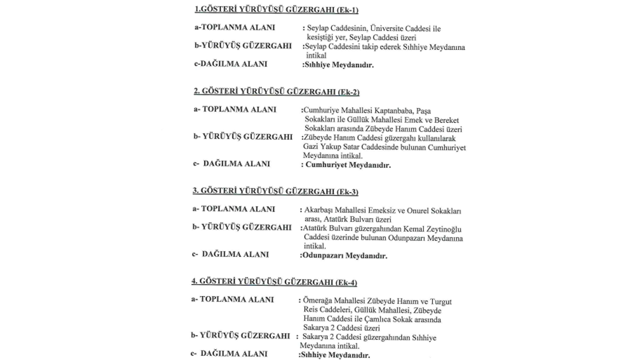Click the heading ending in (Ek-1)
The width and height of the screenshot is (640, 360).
pyautogui.click(x=276, y=9)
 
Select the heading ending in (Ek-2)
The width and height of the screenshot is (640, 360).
pyautogui.click(x=276, y=91)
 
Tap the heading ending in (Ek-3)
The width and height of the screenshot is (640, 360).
pyautogui.click(x=275, y=191)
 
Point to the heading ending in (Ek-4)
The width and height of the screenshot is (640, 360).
pyautogui.click(x=274, y=282)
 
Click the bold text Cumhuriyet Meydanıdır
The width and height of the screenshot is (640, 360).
pyautogui.click(x=348, y=165)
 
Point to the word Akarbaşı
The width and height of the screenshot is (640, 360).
pyautogui.click(x=319, y=210)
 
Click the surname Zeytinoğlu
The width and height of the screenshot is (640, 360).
pyautogui.click(x=442, y=229)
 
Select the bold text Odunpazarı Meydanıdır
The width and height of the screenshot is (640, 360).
pyautogui.click(x=344, y=256)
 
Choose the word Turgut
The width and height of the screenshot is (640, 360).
pyautogui.click(x=440, y=301)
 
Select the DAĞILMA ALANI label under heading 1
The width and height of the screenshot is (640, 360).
pyautogui.click(x=231, y=64)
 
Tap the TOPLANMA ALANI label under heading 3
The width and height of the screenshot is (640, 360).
pyautogui.click(x=233, y=209)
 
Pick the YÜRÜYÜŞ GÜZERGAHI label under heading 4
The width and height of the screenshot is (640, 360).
pyautogui.click(x=240, y=335)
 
